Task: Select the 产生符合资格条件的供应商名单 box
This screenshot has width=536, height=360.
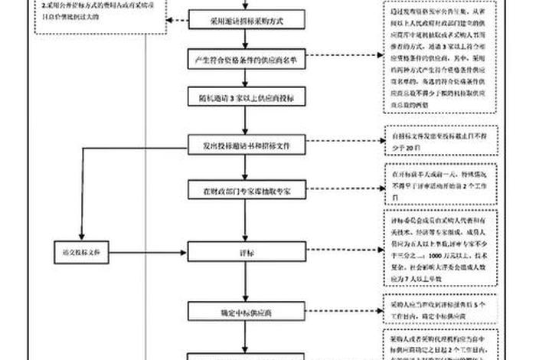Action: [245, 59]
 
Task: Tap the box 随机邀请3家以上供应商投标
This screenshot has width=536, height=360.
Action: [245, 99]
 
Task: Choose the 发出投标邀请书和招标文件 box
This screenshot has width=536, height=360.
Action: [245, 145]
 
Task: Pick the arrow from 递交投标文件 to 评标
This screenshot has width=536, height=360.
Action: [149, 250]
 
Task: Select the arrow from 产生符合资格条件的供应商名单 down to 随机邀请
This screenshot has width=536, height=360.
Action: [245, 79]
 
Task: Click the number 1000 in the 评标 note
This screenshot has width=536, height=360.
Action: [440, 253]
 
